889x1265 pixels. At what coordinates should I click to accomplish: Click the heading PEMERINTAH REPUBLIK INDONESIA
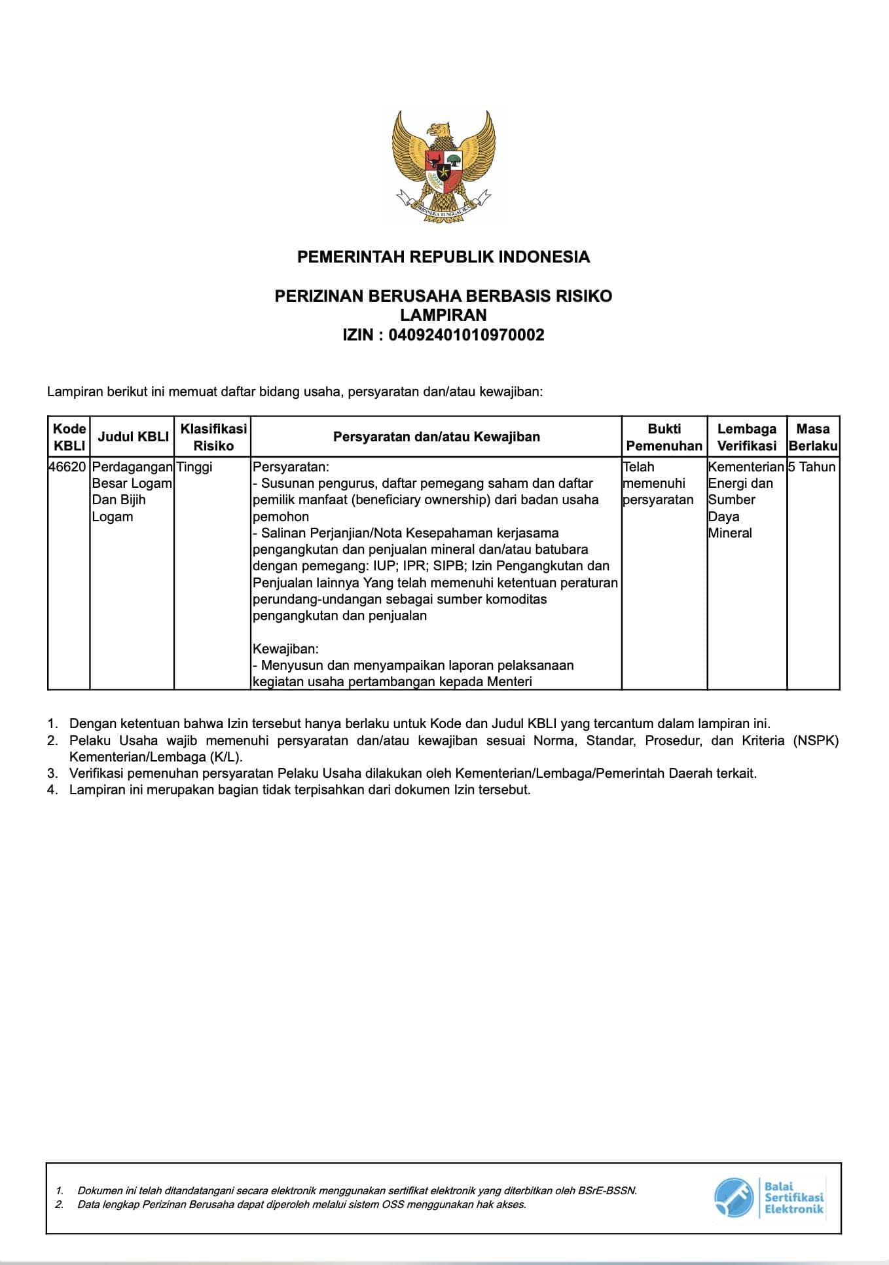[x=443, y=257]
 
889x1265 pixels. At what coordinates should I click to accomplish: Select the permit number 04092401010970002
[x=466, y=336]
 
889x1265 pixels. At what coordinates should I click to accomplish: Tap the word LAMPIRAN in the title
[x=443, y=316]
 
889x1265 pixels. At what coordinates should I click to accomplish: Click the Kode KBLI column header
[x=69, y=437]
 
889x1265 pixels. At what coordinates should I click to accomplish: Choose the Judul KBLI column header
[x=133, y=437]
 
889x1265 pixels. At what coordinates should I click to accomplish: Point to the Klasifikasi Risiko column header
[x=213, y=437]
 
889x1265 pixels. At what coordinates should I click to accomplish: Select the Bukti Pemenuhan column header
[x=664, y=437]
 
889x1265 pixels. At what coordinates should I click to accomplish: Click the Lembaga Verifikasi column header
[x=746, y=437]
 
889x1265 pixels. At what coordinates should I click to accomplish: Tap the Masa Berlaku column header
[x=813, y=437]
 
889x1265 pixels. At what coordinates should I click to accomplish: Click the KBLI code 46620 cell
[x=68, y=467]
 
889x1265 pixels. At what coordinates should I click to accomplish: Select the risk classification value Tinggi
[x=194, y=467]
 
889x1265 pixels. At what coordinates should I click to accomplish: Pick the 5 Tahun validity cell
[x=812, y=467]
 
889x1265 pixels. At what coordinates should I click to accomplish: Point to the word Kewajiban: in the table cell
[x=285, y=649]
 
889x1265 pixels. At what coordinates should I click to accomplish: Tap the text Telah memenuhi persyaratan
[x=657, y=483]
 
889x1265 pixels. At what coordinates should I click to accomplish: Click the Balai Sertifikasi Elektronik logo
[x=769, y=1198]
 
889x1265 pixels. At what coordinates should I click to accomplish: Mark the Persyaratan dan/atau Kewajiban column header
[x=436, y=437]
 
